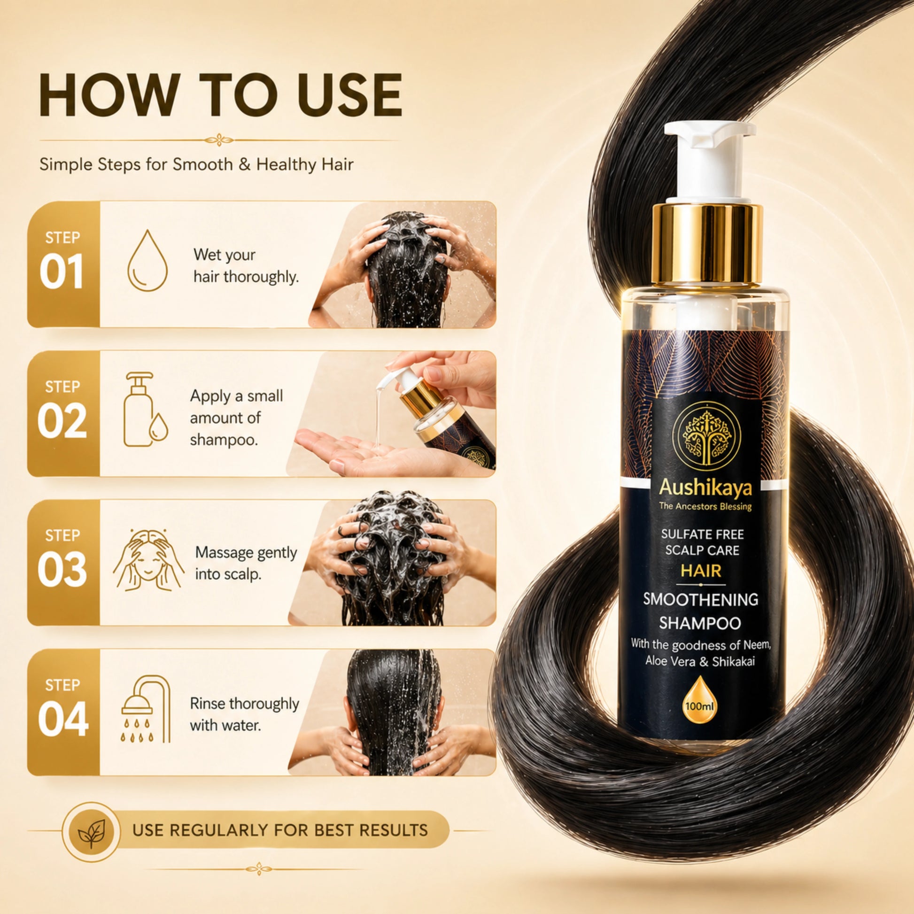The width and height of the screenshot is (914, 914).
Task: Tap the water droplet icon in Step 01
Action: [147, 261]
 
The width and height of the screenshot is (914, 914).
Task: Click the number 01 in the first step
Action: [62, 272]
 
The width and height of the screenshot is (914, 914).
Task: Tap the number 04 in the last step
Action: [63, 719]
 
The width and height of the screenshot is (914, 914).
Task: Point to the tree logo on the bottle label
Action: [706, 434]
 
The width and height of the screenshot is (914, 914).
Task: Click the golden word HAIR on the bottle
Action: [701, 571]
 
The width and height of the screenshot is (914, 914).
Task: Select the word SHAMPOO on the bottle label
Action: [700, 624]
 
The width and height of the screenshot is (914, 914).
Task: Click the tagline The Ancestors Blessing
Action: [705, 507]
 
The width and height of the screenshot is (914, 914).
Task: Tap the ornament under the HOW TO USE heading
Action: [218, 140]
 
